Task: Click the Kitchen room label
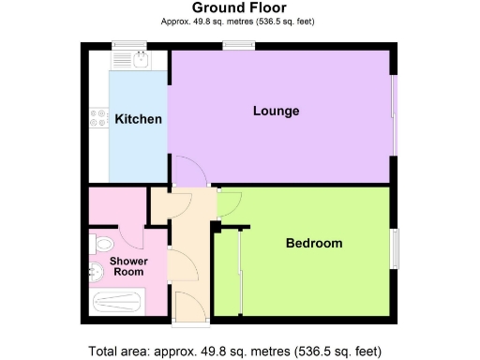coord(138,119)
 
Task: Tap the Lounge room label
coord(277,112)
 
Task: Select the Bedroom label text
coord(314,244)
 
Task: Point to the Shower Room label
coord(127,265)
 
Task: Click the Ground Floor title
coord(239,7)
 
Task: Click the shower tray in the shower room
coord(117,302)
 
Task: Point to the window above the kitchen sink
coord(127,44)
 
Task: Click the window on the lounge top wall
coord(235,44)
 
